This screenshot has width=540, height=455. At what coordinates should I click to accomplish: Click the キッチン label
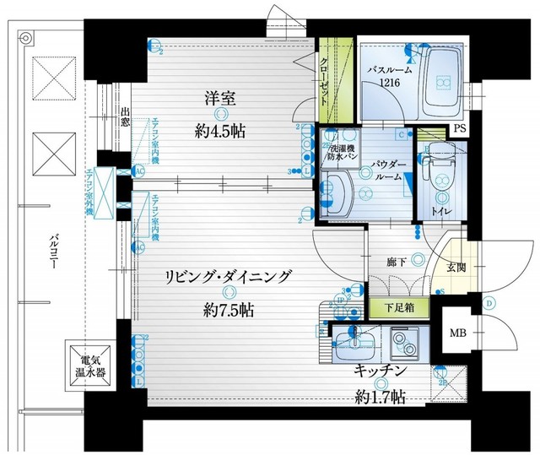[x=382, y=370]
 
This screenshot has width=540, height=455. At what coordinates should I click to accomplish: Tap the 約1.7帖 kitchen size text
[x=382, y=396]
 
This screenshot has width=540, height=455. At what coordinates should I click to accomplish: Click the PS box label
[x=459, y=128]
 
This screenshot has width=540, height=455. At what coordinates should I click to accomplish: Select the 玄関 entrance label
[x=456, y=267]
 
